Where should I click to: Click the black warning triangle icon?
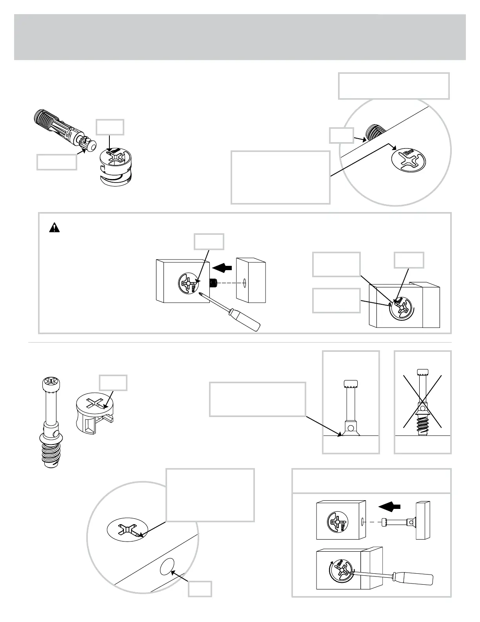point(53,228)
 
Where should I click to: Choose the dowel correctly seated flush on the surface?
point(351,408)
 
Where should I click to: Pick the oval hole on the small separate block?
point(244,282)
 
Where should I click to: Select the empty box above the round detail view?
point(394,86)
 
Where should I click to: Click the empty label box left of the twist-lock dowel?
point(56,162)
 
